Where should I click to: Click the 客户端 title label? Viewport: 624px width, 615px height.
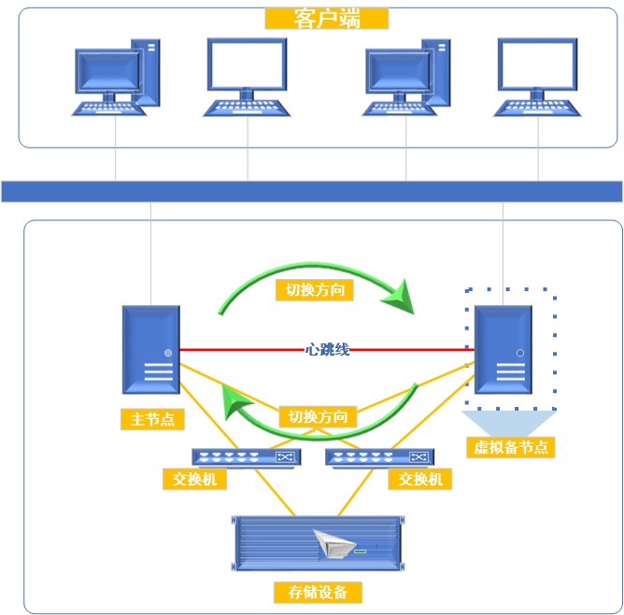point(326,19)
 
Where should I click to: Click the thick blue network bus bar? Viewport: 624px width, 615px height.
point(311,191)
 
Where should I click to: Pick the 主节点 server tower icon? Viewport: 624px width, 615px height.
point(150,349)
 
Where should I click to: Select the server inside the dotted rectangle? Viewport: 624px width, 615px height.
point(503,350)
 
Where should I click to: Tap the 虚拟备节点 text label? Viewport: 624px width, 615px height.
point(511,447)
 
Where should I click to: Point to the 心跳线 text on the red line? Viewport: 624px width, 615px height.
point(328,349)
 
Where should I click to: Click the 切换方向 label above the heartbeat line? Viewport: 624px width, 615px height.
point(315,290)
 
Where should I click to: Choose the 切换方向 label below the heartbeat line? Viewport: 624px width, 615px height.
point(318,416)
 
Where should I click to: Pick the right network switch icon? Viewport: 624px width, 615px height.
point(379,457)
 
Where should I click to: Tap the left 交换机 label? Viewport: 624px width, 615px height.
point(193,480)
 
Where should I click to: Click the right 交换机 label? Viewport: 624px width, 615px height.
point(419,480)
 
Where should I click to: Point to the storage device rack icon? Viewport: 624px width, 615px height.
point(318,542)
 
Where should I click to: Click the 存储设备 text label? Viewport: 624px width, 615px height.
point(318,592)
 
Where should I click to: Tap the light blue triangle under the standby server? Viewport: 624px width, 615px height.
point(510,422)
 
